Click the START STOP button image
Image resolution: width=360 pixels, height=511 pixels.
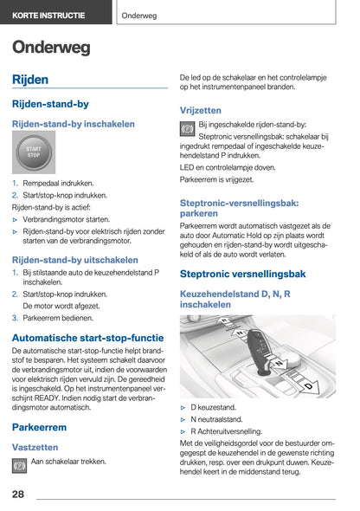coord(34,152)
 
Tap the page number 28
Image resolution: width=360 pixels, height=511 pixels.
coord(18,495)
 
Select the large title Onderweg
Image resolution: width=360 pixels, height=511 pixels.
coord(51,49)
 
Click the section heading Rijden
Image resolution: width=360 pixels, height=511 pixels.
coord(30,80)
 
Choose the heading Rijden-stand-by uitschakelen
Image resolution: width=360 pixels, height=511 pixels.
coord(74,259)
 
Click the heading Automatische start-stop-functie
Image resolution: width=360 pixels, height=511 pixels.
coord(87,338)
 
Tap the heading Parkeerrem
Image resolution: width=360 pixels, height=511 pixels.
coord(39,427)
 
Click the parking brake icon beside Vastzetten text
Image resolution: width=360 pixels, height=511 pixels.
coord(19,465)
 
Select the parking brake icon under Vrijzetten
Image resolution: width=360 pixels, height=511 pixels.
coord(187,128)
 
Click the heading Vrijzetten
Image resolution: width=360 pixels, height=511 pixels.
coord(200,110)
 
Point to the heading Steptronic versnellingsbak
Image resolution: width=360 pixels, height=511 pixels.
coord(242,274)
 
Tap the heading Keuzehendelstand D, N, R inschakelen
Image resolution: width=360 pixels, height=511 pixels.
coord(235,300)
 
